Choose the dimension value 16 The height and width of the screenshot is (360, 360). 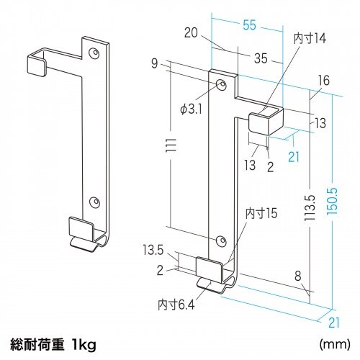tap(322, 81)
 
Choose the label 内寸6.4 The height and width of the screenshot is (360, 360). tap(174, 305)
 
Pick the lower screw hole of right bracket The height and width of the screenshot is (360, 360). tap(220, 238)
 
